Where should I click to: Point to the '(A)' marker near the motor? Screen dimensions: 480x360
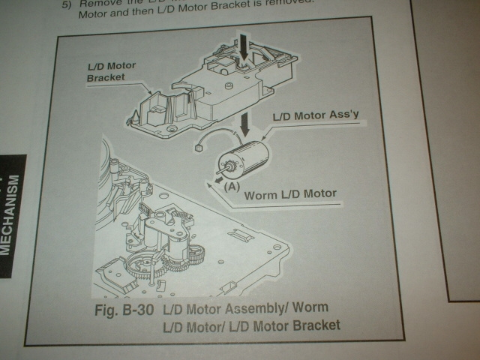(x=232, y=187)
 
